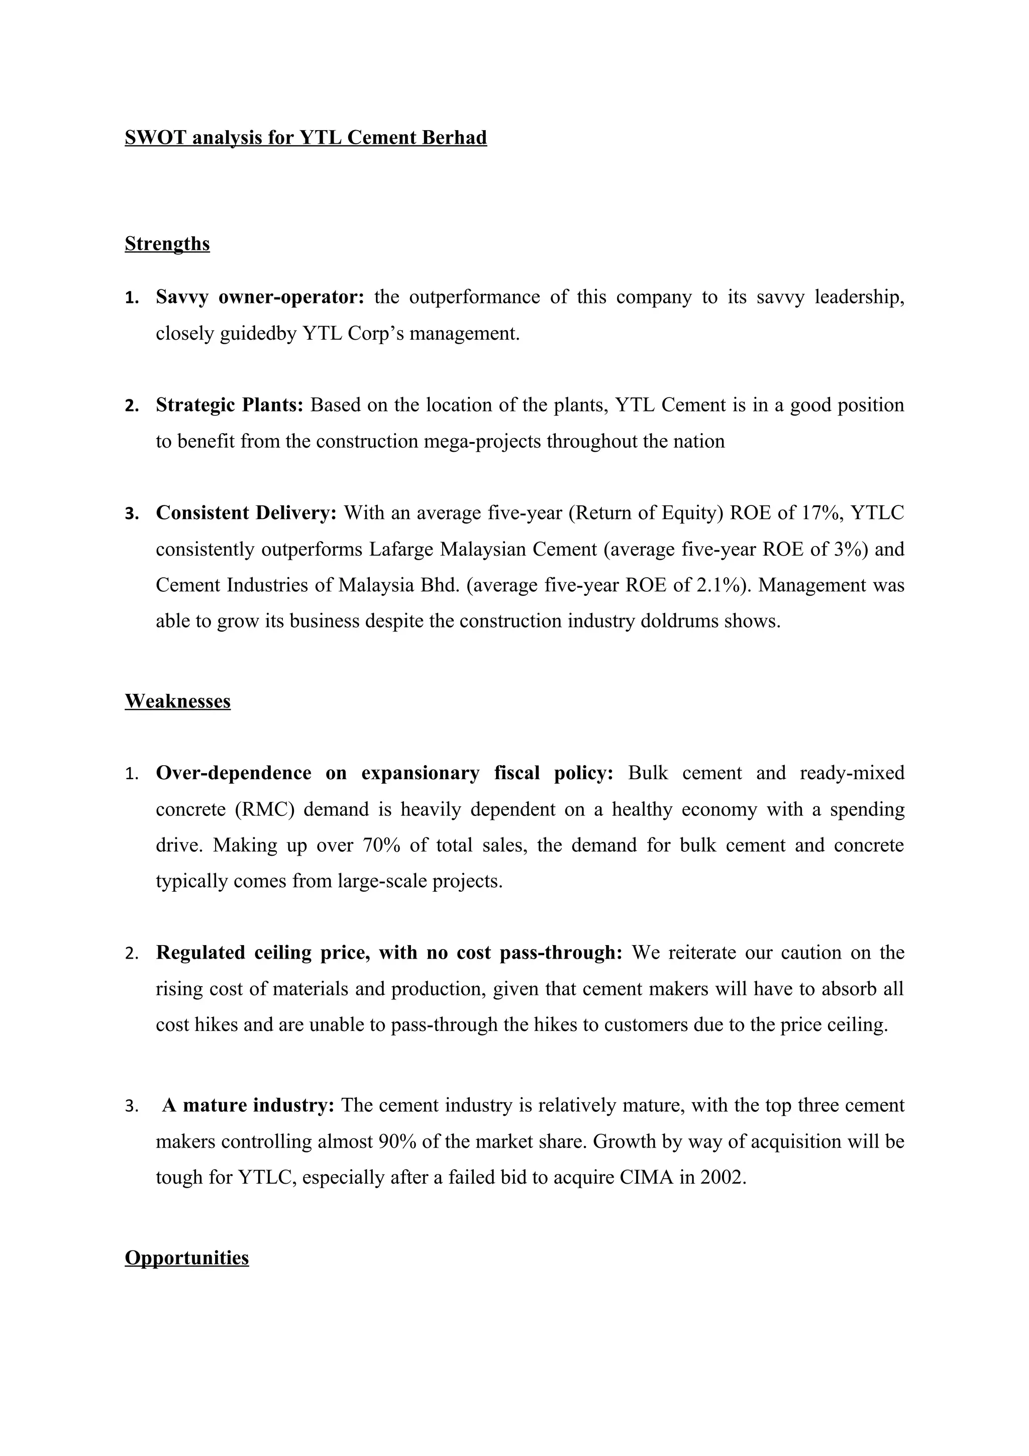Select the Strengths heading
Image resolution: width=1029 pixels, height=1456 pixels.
[167, 244]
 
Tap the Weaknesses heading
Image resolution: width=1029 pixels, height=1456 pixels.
[177, 701]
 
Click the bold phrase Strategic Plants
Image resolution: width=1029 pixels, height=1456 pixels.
[230, 404]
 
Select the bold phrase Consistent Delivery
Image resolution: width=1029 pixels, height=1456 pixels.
[246, 512]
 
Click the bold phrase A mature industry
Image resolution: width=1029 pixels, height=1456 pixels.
[248, 1105]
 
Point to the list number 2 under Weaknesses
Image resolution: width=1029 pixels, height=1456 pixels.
[131, 954]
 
